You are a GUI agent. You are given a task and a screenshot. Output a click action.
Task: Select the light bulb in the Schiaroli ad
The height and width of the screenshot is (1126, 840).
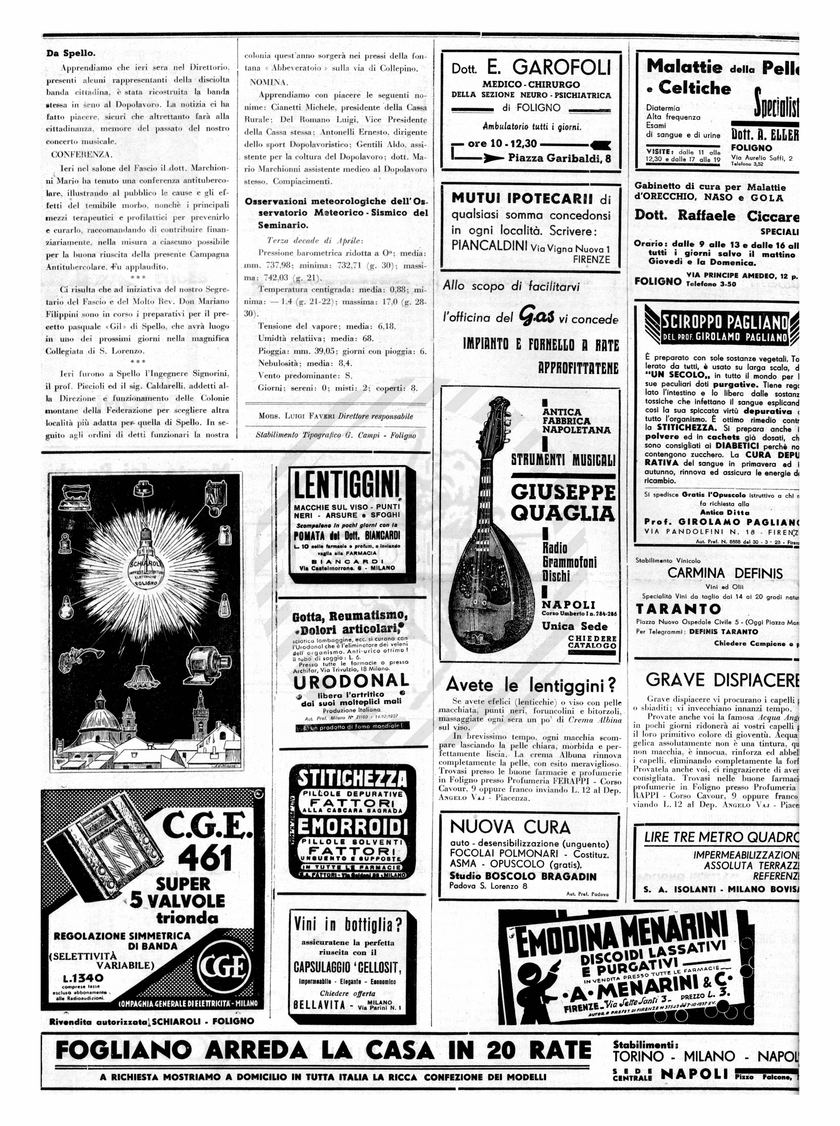point(146,563)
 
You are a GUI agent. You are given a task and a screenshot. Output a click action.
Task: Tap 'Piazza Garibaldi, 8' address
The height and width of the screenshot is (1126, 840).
point(559,158)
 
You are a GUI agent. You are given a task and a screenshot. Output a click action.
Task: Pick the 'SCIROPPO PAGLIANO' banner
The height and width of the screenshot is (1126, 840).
point(724,322)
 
